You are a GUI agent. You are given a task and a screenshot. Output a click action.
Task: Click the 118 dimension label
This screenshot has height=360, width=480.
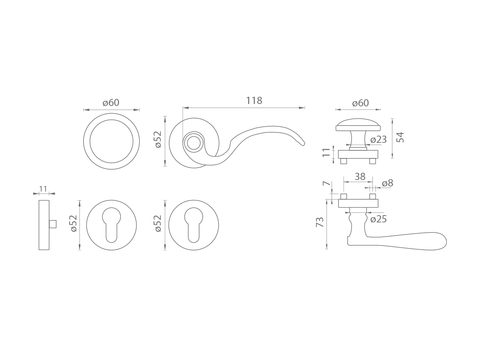254,101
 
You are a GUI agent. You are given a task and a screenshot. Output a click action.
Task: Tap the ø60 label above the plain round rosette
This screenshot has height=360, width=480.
111,103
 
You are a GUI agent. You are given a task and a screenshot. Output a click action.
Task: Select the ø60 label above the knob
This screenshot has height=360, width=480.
360,103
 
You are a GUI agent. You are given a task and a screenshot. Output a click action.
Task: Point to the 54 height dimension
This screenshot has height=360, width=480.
400,137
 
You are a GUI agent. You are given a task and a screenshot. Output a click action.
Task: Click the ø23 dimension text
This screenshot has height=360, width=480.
378,140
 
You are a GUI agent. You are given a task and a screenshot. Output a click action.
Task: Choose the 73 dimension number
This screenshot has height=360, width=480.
320,222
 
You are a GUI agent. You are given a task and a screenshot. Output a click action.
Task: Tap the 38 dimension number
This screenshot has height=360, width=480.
360,177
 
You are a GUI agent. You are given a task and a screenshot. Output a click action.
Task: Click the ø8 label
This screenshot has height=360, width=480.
388,183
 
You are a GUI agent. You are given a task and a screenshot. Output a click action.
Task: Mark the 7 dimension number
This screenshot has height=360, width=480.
326,183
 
